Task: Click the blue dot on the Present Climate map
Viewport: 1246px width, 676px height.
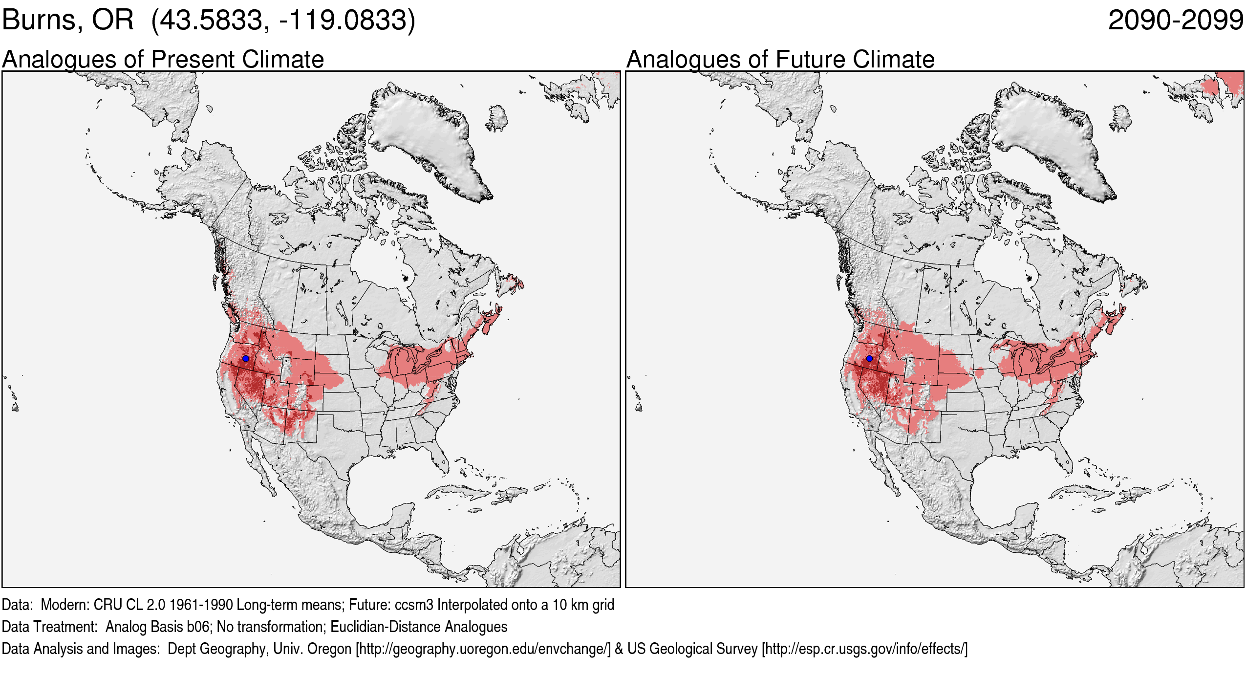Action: [x=245, y=359]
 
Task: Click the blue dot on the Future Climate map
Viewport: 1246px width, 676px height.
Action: [x=869, y=359]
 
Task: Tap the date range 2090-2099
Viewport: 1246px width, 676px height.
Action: [x=1175, y=21]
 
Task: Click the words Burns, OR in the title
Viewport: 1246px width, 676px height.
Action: [x=67, y=21]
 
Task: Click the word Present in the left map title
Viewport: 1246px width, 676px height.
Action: [x=193, y=60]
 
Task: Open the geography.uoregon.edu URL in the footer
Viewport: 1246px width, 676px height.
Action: [x=483, y=649]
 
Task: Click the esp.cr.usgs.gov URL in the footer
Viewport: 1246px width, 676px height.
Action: [x=864, y=649]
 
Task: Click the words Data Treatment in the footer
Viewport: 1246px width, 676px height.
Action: [x=49, y=627]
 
